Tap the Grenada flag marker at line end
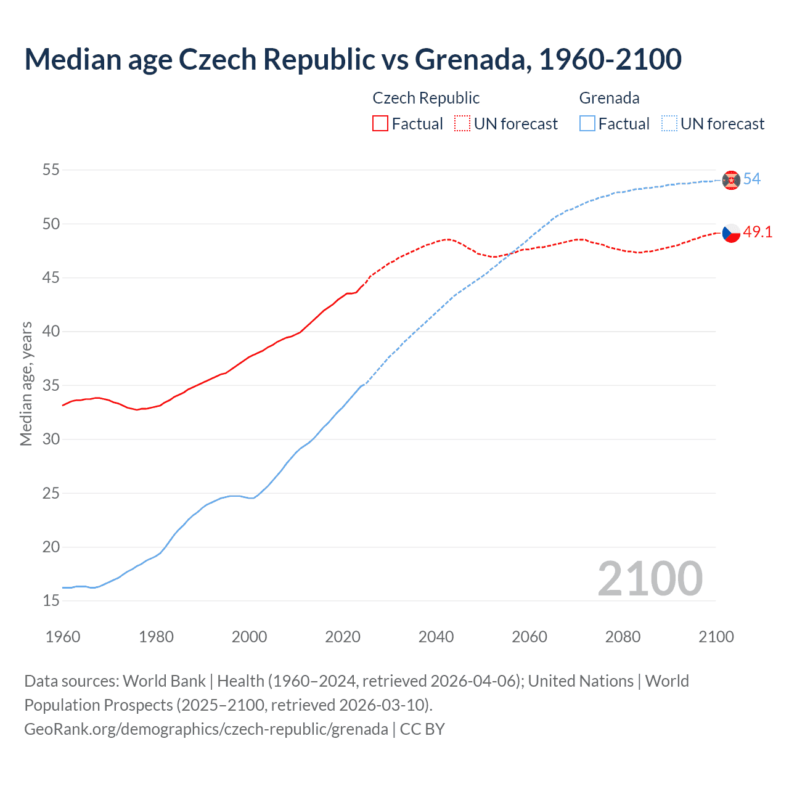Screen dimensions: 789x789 pos(731,180)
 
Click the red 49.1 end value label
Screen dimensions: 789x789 pos(758,232)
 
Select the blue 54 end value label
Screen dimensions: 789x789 pos(752,179)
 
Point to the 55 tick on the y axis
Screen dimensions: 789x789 pos(51,170)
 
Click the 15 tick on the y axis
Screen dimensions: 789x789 pos(51,600)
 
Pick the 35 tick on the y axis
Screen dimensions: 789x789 pos(51,385)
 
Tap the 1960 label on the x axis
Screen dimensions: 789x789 pos(63,637)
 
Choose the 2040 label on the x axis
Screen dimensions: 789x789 pos(436,637)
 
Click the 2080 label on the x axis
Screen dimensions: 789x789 pos(623,637)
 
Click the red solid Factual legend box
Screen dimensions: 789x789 pos(380,124)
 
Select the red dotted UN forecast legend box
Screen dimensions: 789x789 pos(462,124)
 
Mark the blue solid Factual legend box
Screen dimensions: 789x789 pos(587,124)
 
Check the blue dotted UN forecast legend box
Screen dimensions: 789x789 pos(669,124)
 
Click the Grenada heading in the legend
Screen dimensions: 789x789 pos(609,98)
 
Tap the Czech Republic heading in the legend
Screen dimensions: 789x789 pos(426,98)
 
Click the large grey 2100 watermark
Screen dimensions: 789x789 pos(650,578)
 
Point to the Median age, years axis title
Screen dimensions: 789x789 pos(27,383)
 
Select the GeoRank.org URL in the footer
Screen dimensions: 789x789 pos(206,729)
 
